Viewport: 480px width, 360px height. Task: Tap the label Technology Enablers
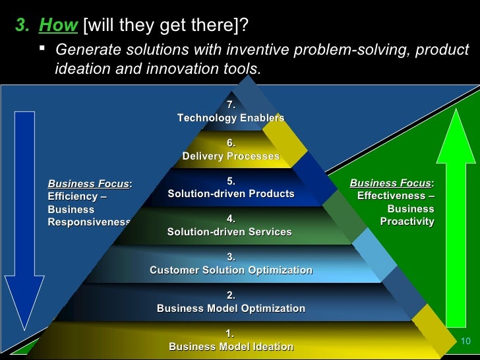pyautogui.click(x=231, y=118)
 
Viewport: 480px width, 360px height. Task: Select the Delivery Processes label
pyautogui.click(x=231, y=156)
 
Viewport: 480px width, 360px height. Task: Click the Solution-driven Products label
pyautogui.click(x=231, y=194)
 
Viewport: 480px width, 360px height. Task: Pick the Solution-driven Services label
pyautogui.click(x=229, y=232)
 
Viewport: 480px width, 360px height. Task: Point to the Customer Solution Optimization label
pyautogui.click(x=231, y=270)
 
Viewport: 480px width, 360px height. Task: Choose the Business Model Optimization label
pyautogui.click(x=231, y=309)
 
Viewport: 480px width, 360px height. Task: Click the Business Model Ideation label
pyautogui.click(x=231, y=347)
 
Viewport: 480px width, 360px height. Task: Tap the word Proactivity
pyautogui.click(x=407, y=222)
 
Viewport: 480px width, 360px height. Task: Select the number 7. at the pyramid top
pyautogui.click(x=231, y=105)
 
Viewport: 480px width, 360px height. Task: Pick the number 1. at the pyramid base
pyautogui.click(x=230, y=334)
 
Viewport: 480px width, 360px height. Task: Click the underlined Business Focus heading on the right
pyautogui.click(x=390, y=183)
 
